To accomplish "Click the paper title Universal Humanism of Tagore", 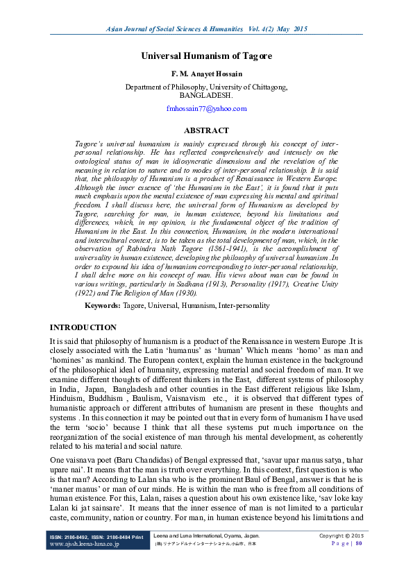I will tap(207, 55).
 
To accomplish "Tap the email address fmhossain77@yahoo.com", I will tap(207, 109).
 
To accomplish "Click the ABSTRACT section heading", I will tap(206, 130).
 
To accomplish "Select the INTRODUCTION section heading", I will tap(83, 327).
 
